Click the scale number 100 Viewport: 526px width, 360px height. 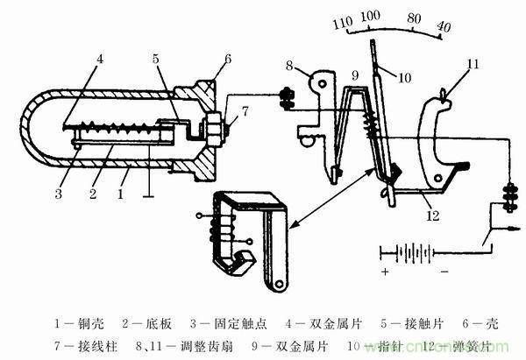pyautogui.click(x=372, y=16)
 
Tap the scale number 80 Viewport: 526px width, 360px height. pyautogui.click(x=414, y=18)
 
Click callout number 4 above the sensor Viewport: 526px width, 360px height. pyautogui.click(x=101, y=60)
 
